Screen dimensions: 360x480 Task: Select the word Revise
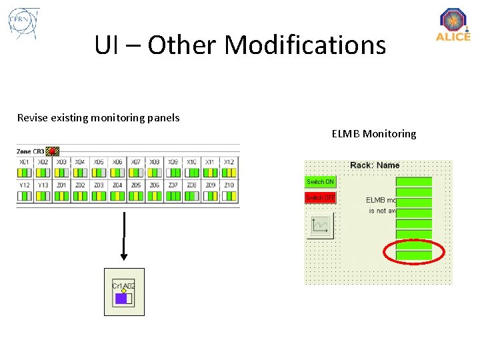coord(33,118)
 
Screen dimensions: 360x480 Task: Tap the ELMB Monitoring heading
coord(373,134)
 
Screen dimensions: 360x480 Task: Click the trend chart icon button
coord(319,226)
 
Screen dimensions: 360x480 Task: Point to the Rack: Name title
coord(375,165)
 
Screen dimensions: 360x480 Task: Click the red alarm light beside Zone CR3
coord(52,151)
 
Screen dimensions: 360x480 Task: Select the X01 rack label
coord(24,162)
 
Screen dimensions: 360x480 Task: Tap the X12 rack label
coord(229,162)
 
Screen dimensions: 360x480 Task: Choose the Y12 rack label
coord(24,185)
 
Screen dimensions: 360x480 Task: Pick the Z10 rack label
coord(229,185)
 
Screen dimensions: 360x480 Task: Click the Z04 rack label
coord(117,185)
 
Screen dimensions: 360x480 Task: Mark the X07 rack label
coord(136,162)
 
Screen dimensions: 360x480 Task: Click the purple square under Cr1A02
coord(121,299)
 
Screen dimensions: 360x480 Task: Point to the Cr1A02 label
coord(123,286)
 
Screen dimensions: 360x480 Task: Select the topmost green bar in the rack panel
coord(413,181)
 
